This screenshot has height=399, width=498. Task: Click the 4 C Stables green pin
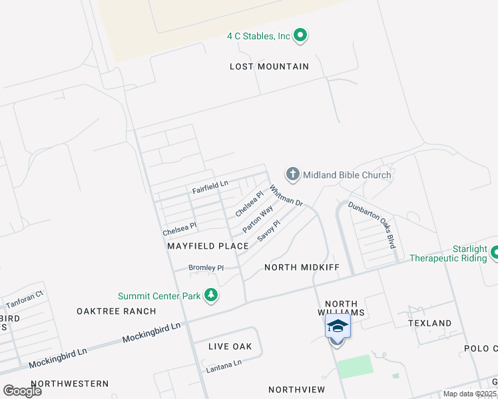(x=300, y=35)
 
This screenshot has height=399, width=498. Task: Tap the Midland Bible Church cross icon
(x=292, y=175)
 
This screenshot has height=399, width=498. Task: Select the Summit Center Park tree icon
(x=211, y=296)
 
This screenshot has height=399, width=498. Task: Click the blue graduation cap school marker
(x=337, y=327)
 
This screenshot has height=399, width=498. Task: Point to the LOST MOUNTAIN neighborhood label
(x=269, y=66)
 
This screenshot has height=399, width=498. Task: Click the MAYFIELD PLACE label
(x=208, y=246)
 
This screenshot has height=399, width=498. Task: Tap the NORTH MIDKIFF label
(x=302, y=267)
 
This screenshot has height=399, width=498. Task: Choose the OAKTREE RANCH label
(x=116, y=311)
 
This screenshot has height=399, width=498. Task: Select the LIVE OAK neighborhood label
(x=230, y=346)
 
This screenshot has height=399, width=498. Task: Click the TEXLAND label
(x=429, y=323)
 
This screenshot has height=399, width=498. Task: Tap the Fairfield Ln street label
(x=210, y=187)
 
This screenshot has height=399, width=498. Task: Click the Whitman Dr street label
(x=287, y=196)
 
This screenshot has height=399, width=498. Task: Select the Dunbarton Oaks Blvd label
(x=372, y=225)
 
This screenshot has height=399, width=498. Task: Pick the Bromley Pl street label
(x=206, y=268)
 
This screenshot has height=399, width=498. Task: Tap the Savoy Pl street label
(x=269, y=230)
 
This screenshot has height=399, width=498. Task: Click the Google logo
(x=22, y=390)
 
